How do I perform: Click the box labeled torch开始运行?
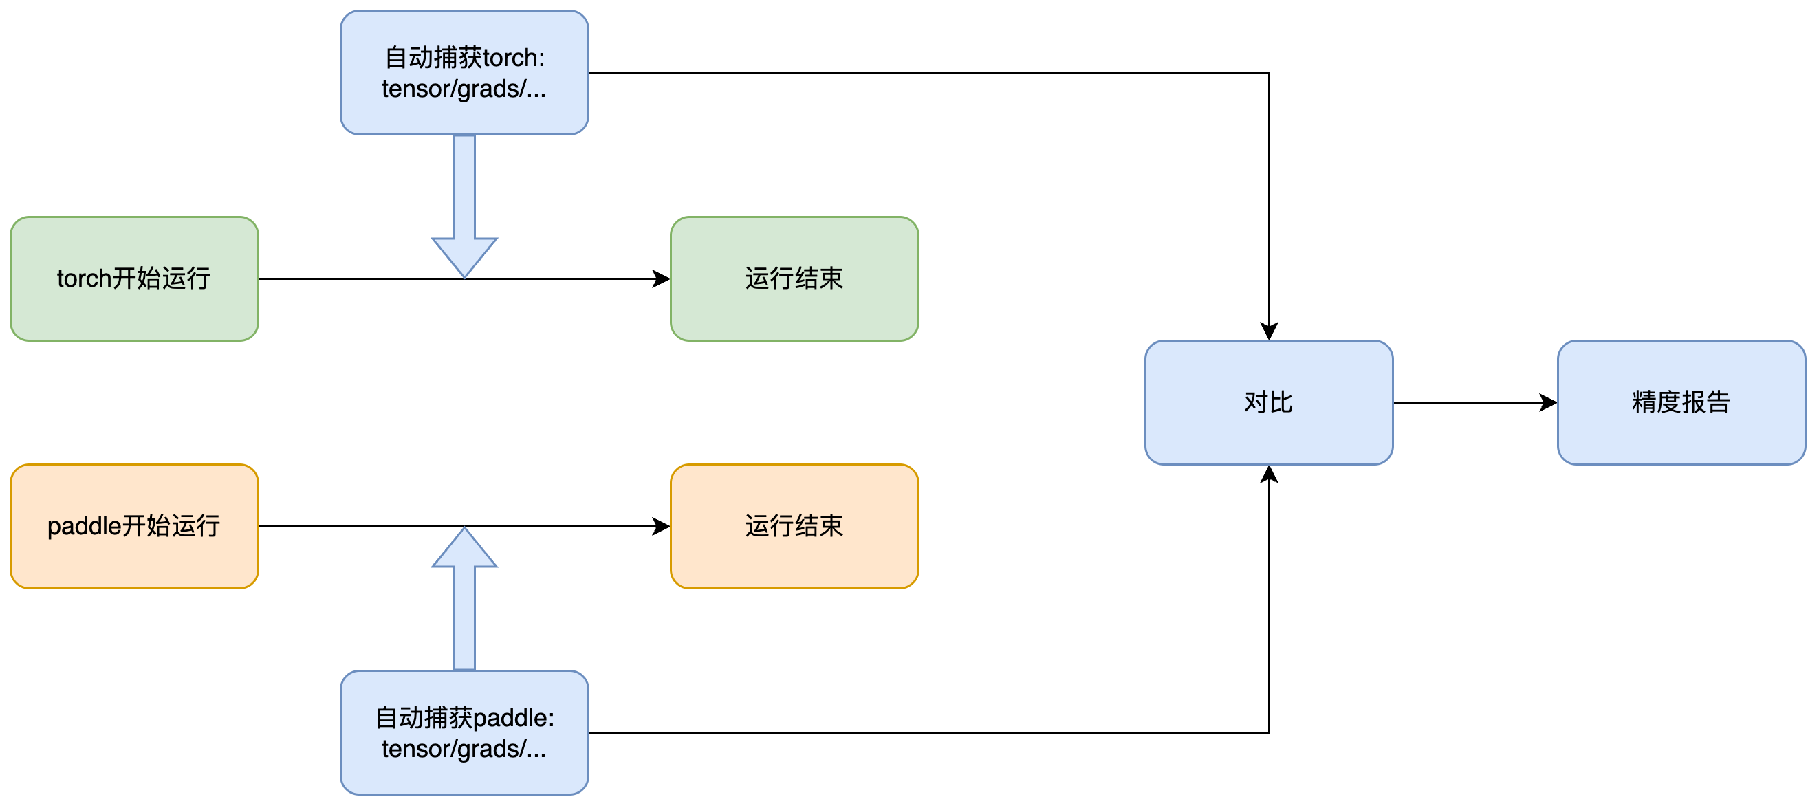[x=134, y=279]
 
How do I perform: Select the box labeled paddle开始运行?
[x=134, y=525]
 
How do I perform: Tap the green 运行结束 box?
[x=794, y=279]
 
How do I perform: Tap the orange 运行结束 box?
[x=794, y=525]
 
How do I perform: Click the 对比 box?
[x=1268, y=402]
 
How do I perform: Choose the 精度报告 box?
[x=1681, y=402]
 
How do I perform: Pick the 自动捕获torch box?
[x=464, y=72]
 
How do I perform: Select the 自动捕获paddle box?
[x=464, y=732]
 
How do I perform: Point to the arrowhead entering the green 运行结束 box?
[x=661, y=279]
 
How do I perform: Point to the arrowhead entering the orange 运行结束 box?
[x=661, y=525]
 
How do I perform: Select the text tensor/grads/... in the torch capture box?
[x=464, y=89]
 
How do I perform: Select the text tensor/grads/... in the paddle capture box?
[x=464, y=749]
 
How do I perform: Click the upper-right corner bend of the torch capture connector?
[x=1269, y=72]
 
